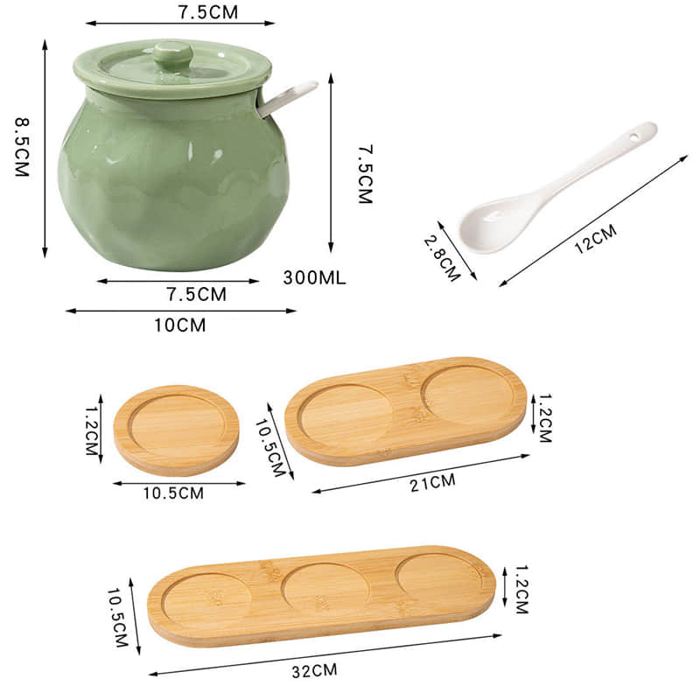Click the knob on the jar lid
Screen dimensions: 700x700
point(172,53)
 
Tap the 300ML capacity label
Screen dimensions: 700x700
point(315,279)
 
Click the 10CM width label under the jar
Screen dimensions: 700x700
point(179,325)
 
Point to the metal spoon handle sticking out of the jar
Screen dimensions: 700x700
point(289,97)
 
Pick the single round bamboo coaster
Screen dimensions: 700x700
point(176,430)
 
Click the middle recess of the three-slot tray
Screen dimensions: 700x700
point(325,587)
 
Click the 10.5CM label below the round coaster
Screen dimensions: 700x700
point(173,493)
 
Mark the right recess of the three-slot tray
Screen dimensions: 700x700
point(437,576)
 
